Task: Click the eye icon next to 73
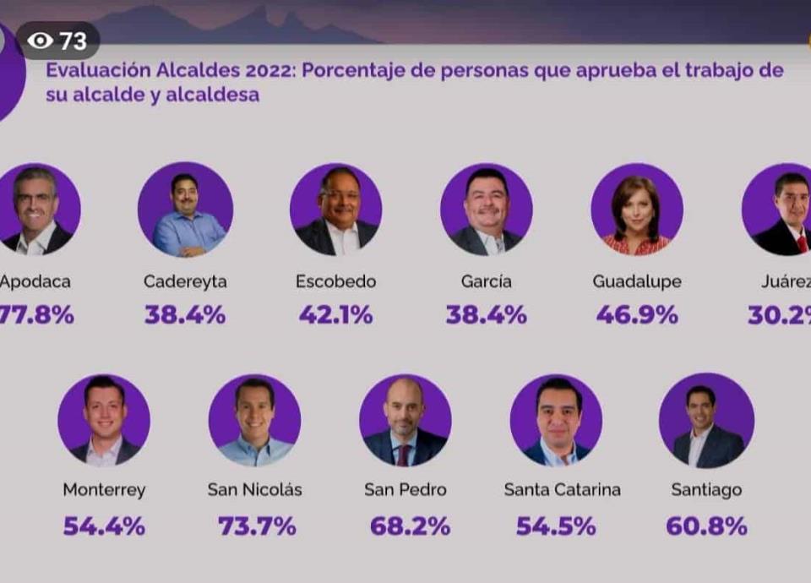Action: coord(39,41)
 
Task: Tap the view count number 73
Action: coord(73,41)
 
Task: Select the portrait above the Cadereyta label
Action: coord(186,210)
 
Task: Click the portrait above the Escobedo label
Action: coord(336,210)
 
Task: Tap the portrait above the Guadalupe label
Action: coord(637,210)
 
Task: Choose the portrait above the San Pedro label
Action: coord(405,421)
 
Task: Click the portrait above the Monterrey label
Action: coord(104,421)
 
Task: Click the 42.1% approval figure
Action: coord(335,315)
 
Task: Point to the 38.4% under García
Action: coord(487,315)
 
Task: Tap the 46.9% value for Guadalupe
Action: coord(637,315)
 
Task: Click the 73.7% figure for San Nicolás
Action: coord(257,526)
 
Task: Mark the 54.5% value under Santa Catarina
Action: coord(556,526)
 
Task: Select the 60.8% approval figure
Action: coord(706,526)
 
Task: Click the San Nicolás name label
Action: coord(254,490)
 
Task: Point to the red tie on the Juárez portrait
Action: coord(801,243)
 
